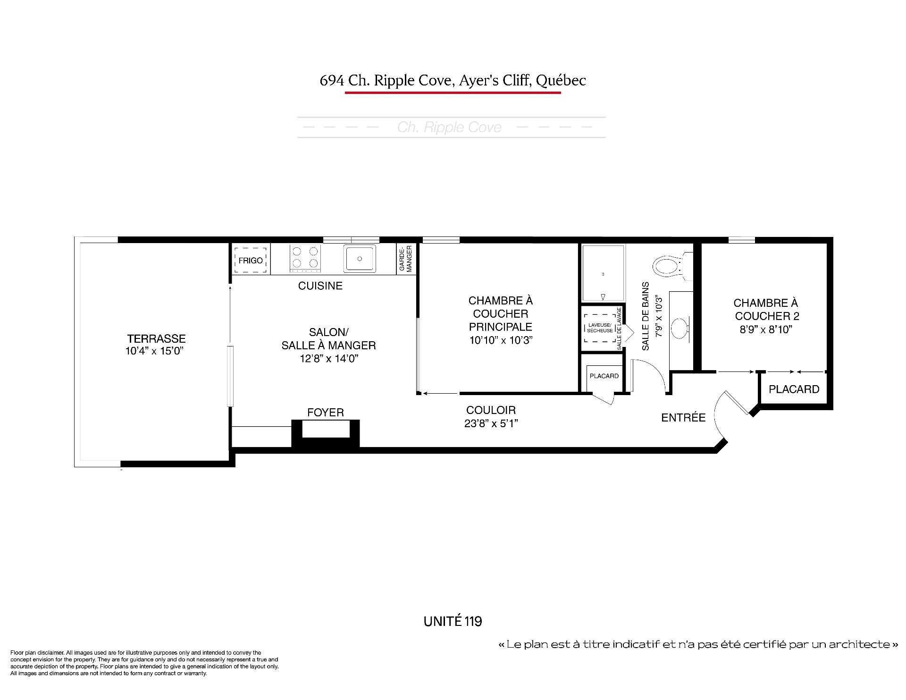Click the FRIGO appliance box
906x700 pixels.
coord(251,260)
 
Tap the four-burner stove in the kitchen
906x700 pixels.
coord(305,258)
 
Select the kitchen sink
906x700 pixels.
coord(360,259)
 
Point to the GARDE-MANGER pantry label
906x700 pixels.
coord(406,259)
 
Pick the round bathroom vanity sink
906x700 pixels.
coord(679,328)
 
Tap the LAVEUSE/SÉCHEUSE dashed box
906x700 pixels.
coord(600,328)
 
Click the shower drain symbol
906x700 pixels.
coord(603,297)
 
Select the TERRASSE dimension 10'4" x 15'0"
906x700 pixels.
coord(154,351)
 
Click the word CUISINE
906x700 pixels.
coord(320,286)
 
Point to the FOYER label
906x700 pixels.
coord(326,413)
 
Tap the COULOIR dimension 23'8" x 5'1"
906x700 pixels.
coord(491,423)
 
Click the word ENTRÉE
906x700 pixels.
coord(683,417)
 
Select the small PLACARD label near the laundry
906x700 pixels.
coord(604,376)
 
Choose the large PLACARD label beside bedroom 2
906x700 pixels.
coord(794,389)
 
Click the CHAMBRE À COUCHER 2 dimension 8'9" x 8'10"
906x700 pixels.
coord(766,329)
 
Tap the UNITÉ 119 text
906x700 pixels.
coord(453,621)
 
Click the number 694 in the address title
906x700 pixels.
coord(332,81)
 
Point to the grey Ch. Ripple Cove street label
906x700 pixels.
coord(449,127)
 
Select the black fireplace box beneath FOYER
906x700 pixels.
coord(326,433)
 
